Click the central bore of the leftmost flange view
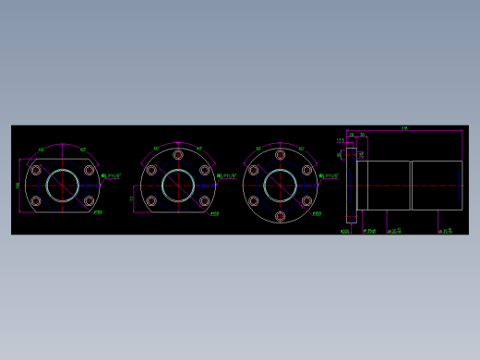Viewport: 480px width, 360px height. coord(63,185)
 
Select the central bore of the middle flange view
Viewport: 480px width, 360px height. coord(178,185)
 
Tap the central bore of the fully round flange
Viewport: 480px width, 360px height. coord(280,185)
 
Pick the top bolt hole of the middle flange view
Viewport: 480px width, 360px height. coord(178,155)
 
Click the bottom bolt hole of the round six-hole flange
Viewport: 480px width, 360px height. coord(280,216)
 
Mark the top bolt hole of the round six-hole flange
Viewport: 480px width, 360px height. coord(280,155)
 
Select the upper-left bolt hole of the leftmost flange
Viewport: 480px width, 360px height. coord(36,170)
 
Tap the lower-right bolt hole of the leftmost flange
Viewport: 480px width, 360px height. coord(90,200)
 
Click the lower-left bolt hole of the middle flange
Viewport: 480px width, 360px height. coord(151,200)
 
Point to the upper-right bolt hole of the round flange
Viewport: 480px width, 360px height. coord(306,170)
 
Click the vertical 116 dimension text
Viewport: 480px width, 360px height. coord(18,186)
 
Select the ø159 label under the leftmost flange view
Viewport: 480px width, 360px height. coord(98,212)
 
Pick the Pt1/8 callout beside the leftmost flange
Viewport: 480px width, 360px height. coord(110,175)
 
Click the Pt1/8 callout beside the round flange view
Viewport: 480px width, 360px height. coord(329,175)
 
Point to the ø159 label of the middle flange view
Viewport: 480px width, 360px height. coord(214,213)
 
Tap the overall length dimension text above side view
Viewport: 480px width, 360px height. coord(404,128)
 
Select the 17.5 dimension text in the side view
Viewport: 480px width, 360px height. coord(340,141)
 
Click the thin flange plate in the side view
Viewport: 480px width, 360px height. coord(351,185)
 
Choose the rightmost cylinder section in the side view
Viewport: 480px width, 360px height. coord(437,185)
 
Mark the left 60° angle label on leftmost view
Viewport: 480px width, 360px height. coord(42,150)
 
